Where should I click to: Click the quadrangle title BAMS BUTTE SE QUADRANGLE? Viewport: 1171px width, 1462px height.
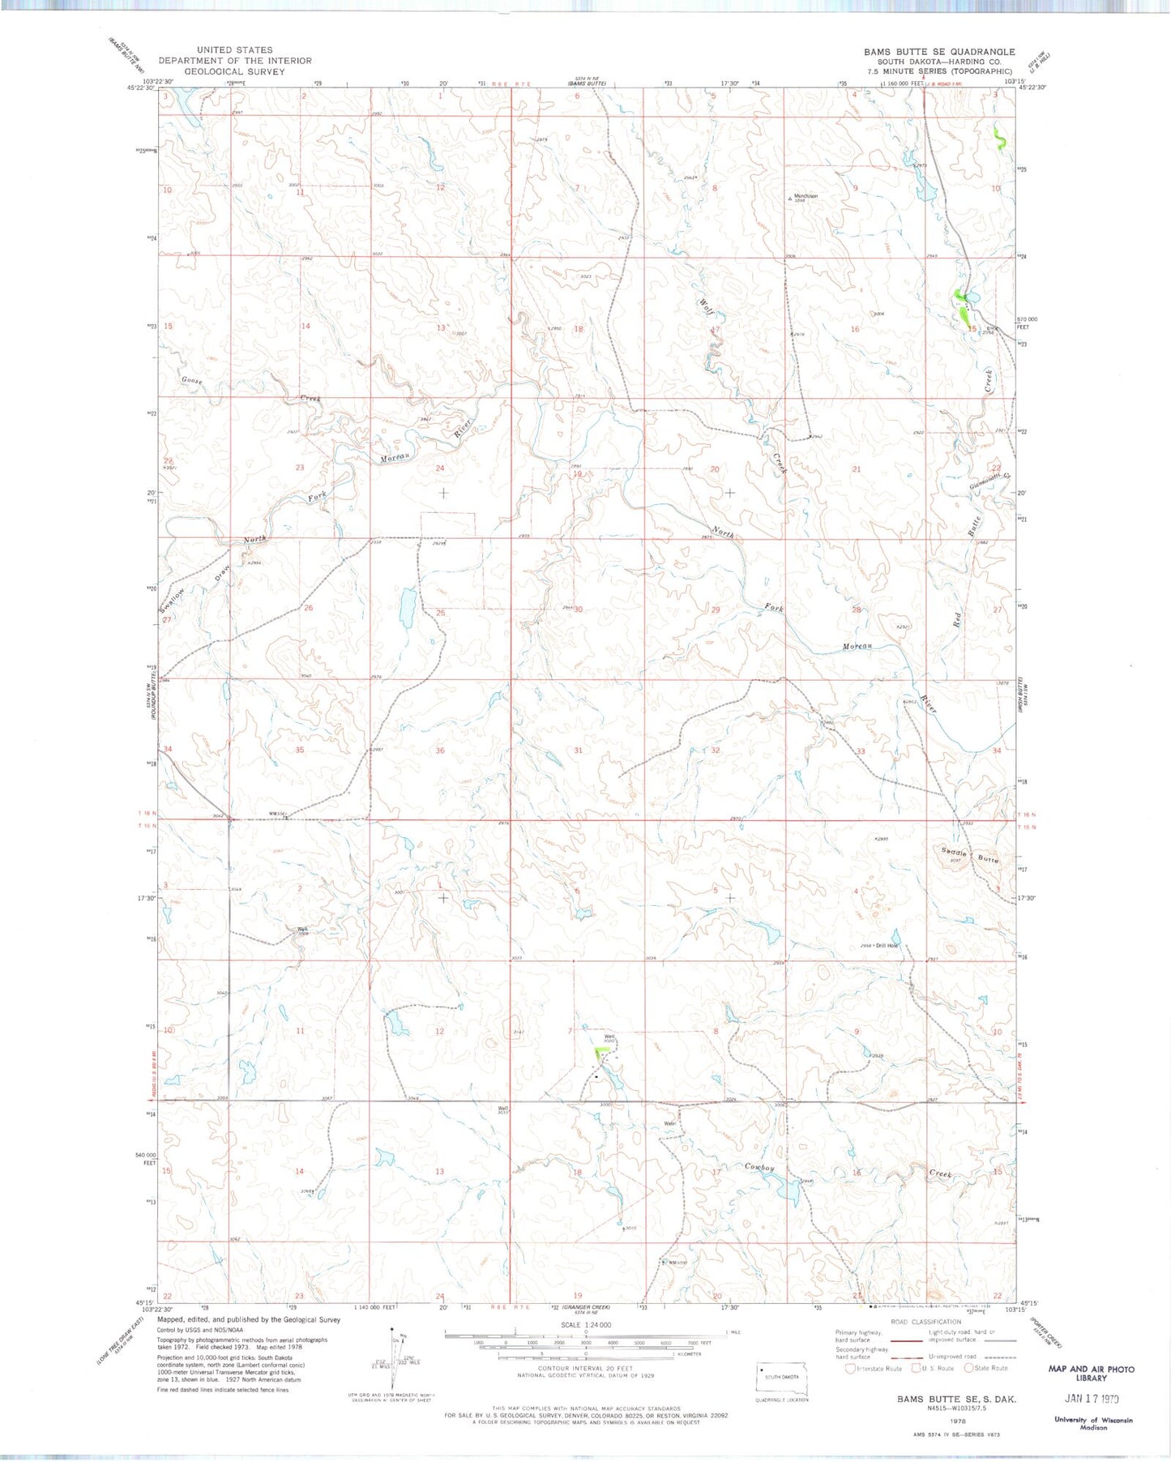click(938, 52)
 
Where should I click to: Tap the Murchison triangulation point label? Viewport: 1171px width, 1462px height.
click(806, 196)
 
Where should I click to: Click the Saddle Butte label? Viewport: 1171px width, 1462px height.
click(970, 855)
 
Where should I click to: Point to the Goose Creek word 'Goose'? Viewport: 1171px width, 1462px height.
click(192, 380)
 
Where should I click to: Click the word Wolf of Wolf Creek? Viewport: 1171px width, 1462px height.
click(705, 309)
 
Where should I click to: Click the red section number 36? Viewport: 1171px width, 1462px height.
click(440, 750)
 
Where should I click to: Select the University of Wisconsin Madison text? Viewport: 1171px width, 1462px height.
click(1093, 1424)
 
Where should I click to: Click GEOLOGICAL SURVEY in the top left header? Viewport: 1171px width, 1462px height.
click(235, 71)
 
